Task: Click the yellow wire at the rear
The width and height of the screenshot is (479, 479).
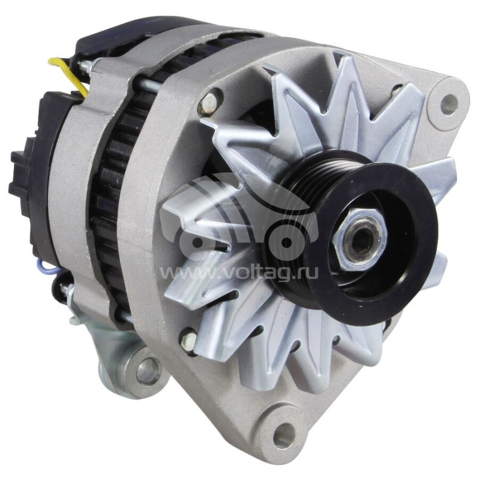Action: [68, 72]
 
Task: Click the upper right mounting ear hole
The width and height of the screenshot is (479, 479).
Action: [448, 104]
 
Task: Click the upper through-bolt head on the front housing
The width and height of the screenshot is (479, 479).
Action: [208, 103]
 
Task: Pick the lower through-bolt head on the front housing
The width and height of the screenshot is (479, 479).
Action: [189, 342]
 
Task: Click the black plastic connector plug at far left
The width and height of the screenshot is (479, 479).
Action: [24, 174]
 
